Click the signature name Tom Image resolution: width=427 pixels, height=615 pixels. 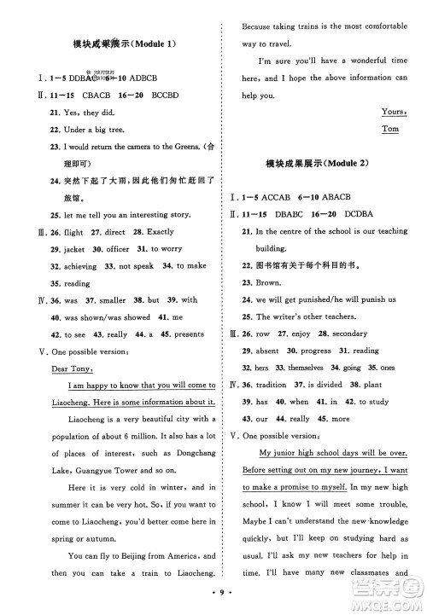tap(391, 129)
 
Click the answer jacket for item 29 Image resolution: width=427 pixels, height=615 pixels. tap(75, 249)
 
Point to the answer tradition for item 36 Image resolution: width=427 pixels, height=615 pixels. tap(274, 385)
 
